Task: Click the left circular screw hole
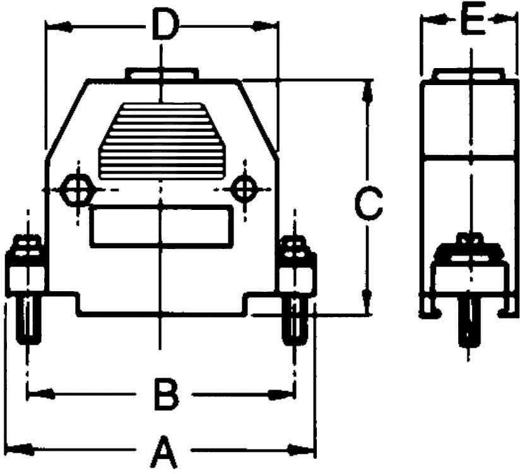tap(78, 189)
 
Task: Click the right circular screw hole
tap(244, 188)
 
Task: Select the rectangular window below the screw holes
tap(162, 226)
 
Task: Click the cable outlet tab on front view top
tap(162, 74)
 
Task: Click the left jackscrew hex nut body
tap(26, 272)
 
